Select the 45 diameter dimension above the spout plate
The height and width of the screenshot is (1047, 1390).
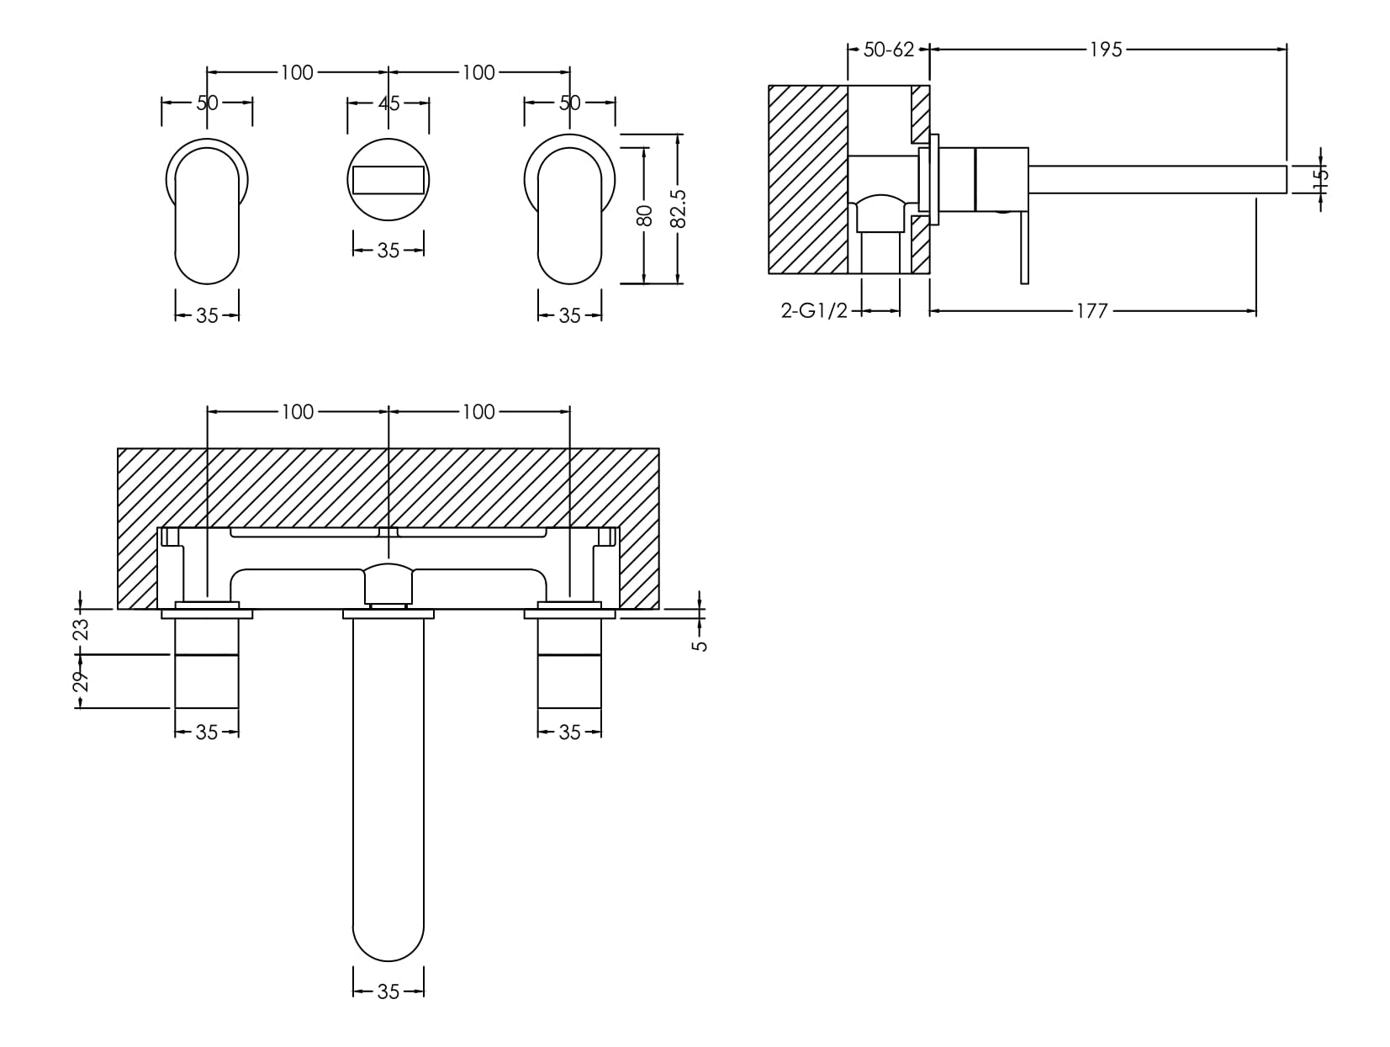(388, 103)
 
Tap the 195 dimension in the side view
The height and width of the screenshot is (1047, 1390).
(1106, 50)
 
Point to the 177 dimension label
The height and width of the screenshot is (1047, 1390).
(1091, 312)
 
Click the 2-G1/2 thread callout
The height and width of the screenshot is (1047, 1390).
(814, 311)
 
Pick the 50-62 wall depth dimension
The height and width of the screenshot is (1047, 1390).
(888, 50)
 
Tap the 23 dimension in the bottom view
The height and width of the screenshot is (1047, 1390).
(81, 630)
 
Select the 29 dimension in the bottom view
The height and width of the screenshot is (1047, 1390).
(81, 681)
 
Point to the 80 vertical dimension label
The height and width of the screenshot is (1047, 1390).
(645, 215)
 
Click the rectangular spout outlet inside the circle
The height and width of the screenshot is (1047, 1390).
(388, 180)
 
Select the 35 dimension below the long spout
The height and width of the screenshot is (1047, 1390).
(388, 992)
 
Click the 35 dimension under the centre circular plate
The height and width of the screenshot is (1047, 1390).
(388, 251)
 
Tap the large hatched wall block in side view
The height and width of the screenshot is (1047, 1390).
(807, 180)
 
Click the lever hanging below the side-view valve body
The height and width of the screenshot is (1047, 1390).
(1023, 248)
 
